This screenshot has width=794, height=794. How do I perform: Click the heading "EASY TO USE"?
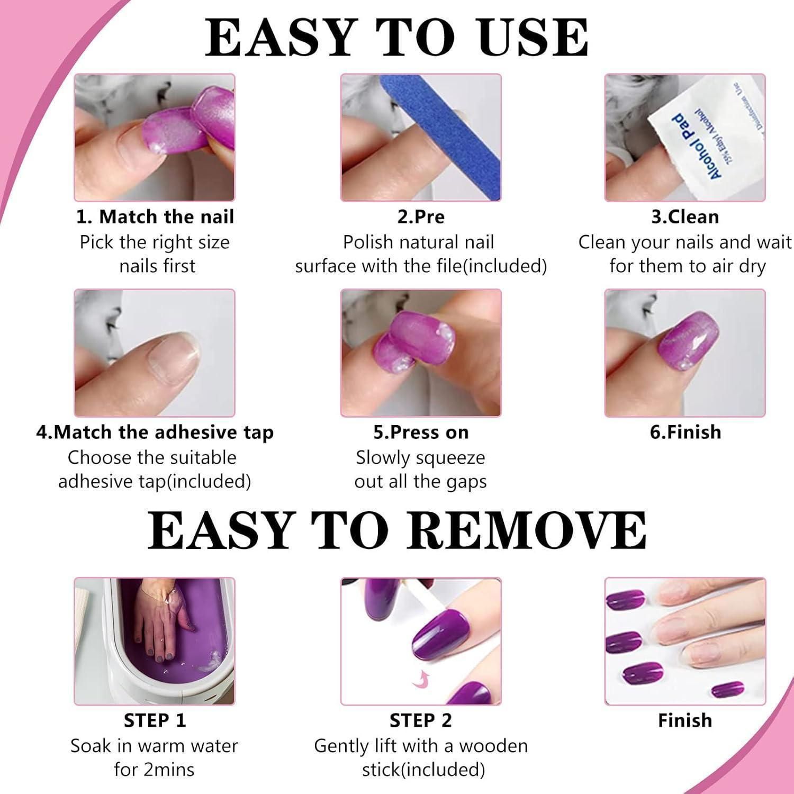(396, 38)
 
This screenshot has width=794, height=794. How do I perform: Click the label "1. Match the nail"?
(155, 216)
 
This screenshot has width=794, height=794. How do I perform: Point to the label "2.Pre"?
(421, 217)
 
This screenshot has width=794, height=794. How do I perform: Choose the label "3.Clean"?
(685, 217)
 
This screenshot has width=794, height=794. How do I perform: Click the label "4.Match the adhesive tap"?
(155, 432)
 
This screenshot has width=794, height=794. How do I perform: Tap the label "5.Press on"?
(421, 432)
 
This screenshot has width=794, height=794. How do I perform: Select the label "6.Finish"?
(685, 432)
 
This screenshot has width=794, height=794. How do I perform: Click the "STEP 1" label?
(155, 720)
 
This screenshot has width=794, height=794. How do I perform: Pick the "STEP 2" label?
(421, 720)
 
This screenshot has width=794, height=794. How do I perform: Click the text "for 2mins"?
(154, 769)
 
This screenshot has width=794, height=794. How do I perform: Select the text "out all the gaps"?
(420, 482)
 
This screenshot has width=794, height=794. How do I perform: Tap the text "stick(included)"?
(423, 770)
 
